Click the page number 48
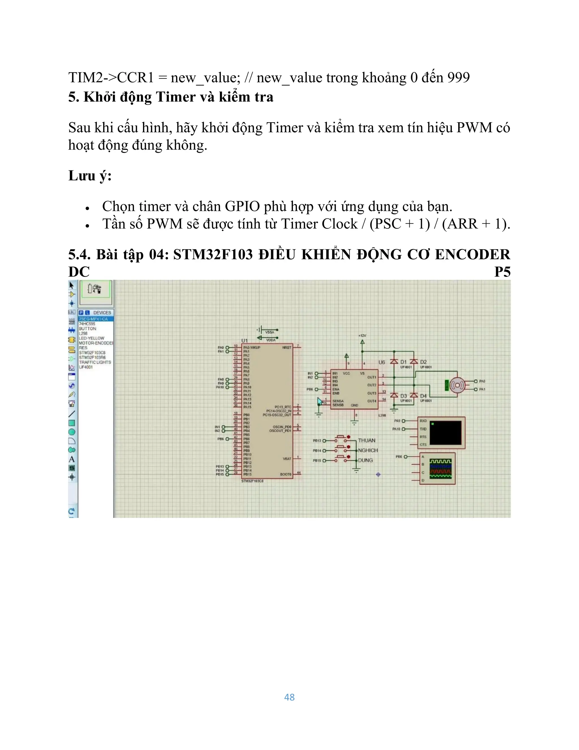coord(289,697)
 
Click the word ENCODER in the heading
coord(472,254)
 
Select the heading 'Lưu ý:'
coord(90,175)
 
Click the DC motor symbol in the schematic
coord(457,385)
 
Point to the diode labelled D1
coord(394,362)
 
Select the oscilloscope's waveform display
coord(440,468)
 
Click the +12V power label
coord(362,335)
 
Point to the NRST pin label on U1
coord(286,348)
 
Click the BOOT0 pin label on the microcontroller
coord(285,474)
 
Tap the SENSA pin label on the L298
coord(338,401)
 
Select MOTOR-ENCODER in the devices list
coord(96,343)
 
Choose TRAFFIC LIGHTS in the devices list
coord(95,362)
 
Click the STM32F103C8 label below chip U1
coord(252,481)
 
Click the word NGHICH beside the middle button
coord(368,450)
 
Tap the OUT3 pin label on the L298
coord(371,393)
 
